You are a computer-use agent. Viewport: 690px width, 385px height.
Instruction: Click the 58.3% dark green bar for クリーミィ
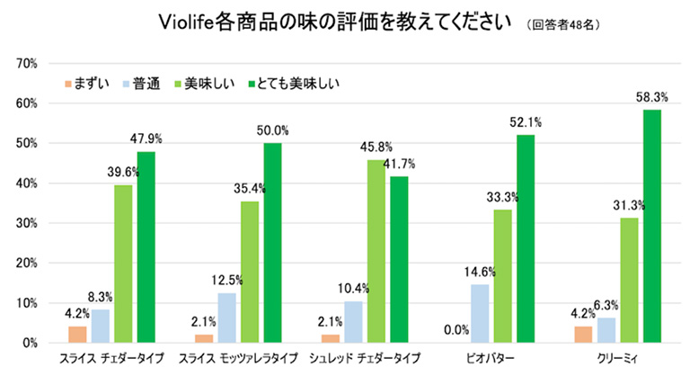pyautogui.click(x=651, y=226)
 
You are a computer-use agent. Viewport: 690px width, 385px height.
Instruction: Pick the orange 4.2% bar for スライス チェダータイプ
pyautogui.click(x=78, y=334)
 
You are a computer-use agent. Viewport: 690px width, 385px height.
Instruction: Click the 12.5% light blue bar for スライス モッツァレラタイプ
pyautogui.click(x=228, y=318)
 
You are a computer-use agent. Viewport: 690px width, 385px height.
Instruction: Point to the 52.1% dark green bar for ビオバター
pyautogui.click(x=525, y=238)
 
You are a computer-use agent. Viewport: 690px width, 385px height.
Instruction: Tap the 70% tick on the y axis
pyautogui.click(x=24, y=64)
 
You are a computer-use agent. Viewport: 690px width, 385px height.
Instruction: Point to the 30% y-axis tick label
pyautogui.click(x=24, y=223)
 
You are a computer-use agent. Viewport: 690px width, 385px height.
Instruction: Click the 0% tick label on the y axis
pyautogui.click(x=28, y=343)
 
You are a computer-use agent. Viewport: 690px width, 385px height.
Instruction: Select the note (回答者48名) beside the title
pyautogui.click(x=555, y=24)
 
